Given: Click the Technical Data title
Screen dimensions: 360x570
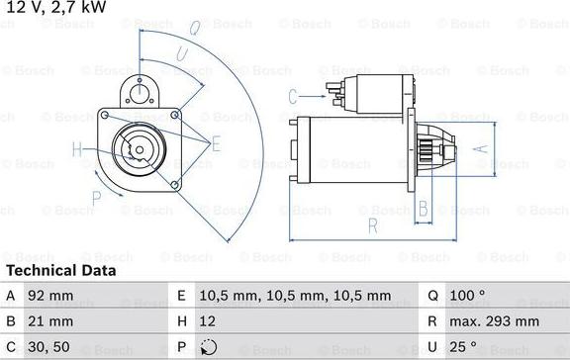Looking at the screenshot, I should point(61,270).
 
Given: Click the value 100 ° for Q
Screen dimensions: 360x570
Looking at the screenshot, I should point(469,296).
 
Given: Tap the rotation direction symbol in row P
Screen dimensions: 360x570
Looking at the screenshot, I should point(206,347).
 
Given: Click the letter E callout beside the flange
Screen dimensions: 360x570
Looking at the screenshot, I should point(216,143).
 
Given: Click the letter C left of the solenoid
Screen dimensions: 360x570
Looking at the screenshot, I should point(293,96).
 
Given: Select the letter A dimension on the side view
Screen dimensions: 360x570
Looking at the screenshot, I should point(482,149).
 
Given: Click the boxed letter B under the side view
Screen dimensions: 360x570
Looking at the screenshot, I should point(423,208).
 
